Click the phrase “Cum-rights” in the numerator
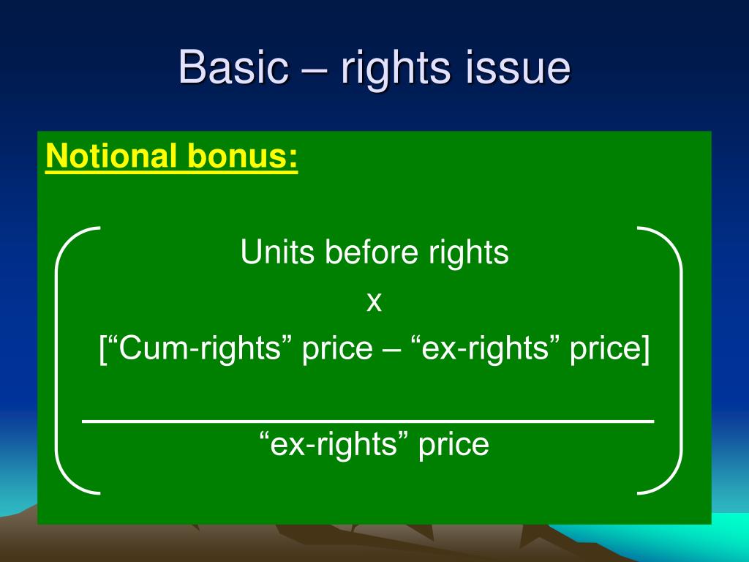197,349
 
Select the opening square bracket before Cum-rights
102,350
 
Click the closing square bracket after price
645,350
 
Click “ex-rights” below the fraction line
334,444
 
